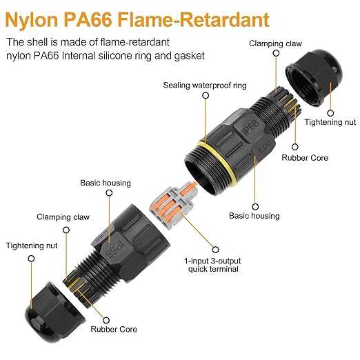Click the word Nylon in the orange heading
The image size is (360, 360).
click(x=32, y=19)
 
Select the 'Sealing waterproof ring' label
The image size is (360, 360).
click(x=205, y=86)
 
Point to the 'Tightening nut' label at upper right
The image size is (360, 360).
click(x=330, y=122)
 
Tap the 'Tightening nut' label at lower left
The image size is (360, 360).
click(x=32, y=246)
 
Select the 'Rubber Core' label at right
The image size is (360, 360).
click(x=305, y=158)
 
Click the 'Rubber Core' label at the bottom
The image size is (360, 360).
click(x=114, y=329)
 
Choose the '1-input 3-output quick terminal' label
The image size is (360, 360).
click(x=212, y=265)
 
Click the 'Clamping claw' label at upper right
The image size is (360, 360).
click(x=275, y=43)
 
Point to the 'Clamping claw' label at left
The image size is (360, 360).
click(x=63, y=217)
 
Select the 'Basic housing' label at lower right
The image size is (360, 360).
click(x=254, y=216)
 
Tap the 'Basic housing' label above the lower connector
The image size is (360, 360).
click(x=106, y=183)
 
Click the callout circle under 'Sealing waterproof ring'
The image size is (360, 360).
click(x=206, y=95)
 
